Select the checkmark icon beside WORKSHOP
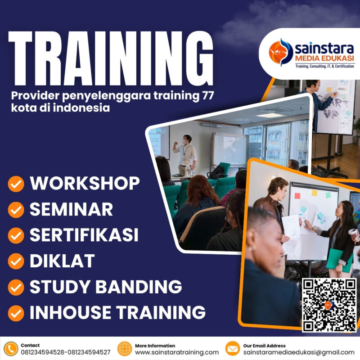pos(16,184)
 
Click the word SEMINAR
pos(71,209)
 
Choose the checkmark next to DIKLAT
pos(16,261)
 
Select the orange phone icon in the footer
pos(11,349)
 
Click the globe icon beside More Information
pos(125,349)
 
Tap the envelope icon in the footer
pos(233,349)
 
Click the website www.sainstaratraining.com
pos(177,352)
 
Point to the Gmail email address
pos(299,352)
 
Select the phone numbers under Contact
pos(65,352)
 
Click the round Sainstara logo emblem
pos(280,52)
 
